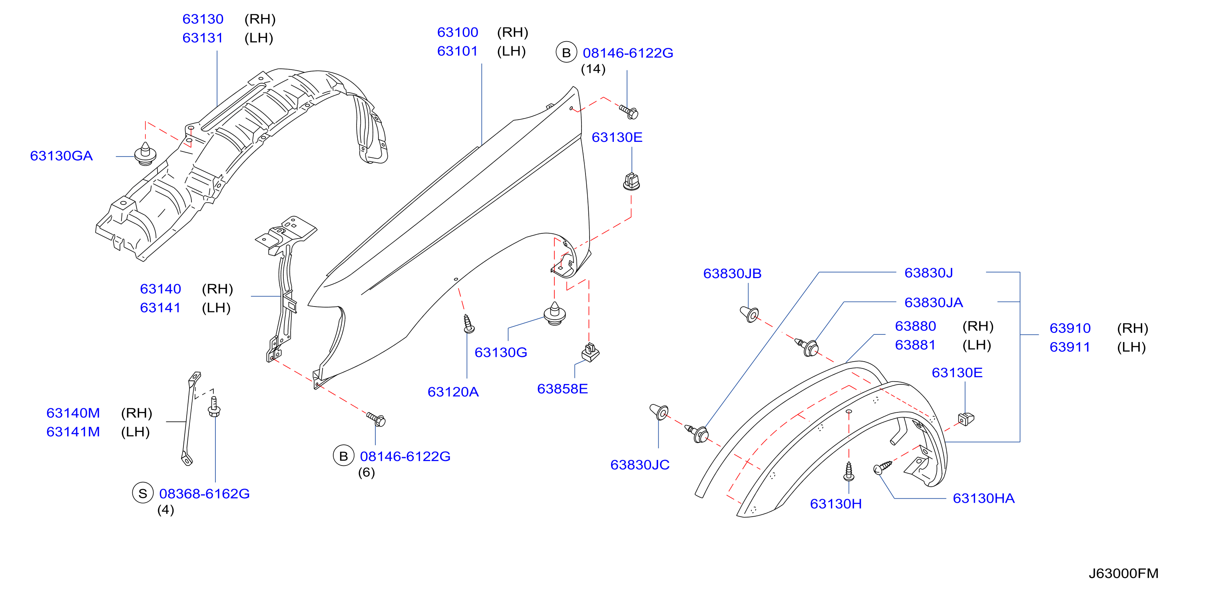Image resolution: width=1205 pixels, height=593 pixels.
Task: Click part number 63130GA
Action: (x=61, y=156)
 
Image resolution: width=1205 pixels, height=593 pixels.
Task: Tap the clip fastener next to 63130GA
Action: (x=145, y=153)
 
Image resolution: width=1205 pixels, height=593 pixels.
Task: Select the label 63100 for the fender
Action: (x=458, y=32)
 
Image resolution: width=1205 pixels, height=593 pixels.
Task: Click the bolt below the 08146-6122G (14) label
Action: (x=629, y=112)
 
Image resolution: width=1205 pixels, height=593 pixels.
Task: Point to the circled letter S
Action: (x=143, y=493)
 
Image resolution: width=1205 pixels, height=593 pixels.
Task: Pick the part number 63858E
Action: (x=562, y=389)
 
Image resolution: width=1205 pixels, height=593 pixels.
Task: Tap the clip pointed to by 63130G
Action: (x=555, y=313)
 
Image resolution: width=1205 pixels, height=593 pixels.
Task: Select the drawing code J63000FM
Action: (x=1123, y=573)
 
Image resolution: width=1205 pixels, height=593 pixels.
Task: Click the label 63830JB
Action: (x=732, y=274)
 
